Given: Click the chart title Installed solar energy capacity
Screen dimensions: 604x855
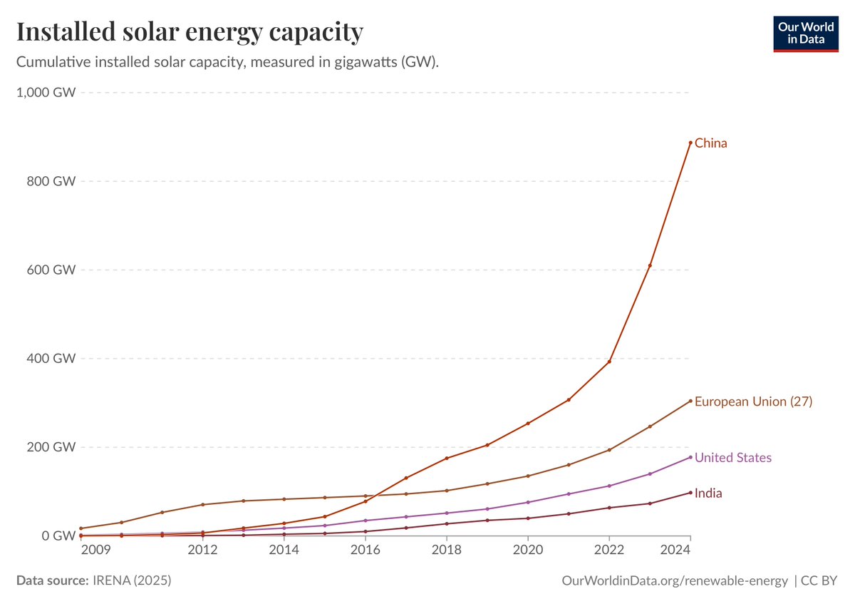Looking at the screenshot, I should [x=190, y=32].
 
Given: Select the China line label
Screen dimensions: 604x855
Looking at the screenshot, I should [x=710, y=143].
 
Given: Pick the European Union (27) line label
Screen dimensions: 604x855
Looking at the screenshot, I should [x=753, y=401].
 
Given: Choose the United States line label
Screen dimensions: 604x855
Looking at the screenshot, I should [x=732, y=458].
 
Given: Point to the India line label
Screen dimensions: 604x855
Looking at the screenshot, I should [x=708, y=493].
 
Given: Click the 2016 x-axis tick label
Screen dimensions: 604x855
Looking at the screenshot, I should [x=366, y=551].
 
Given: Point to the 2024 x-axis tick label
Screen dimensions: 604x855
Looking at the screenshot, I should [x=690, y=551].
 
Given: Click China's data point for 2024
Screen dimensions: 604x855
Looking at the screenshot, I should [x=690, y=143].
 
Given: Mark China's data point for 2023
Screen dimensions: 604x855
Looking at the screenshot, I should [x=650, y=266].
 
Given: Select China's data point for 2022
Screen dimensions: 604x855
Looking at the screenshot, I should [x=609, y=362].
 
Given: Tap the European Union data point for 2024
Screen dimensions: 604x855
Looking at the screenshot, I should [x=690, y=401].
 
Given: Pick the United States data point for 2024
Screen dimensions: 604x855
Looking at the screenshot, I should [x=690, y=457].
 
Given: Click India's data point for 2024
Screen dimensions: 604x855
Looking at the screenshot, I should [x=690, y=492].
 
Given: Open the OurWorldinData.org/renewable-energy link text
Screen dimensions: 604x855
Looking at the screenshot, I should [x=674, y=581].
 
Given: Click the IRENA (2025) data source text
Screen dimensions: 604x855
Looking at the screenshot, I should [x=132, y=581].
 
